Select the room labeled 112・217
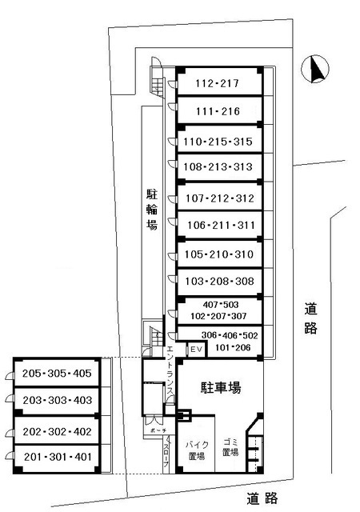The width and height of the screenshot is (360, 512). click(218, 82)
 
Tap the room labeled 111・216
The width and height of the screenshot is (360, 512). click(218, 111)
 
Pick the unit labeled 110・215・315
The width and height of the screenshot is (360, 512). click(218, 142)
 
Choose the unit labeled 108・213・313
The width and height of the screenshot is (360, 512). click(218, 168)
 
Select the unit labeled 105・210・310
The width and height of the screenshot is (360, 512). click(218, 255)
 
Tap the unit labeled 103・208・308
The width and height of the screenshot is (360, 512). click(218, 282)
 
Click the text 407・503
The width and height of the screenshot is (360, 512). click(218, 305)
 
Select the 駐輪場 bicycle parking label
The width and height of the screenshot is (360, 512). click(151, 210)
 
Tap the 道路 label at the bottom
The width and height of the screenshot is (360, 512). click(262, 498)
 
